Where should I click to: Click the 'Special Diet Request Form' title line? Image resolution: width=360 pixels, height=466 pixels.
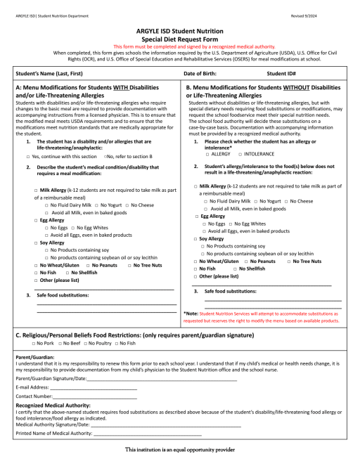click(x=179, y=39)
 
